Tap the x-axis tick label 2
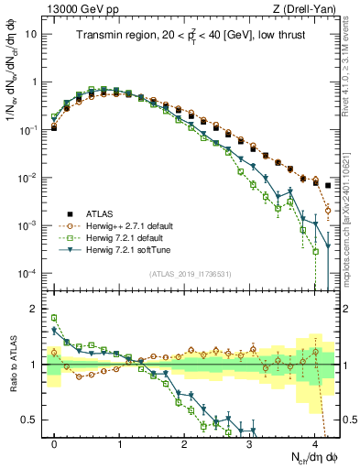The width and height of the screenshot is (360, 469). point(185,442)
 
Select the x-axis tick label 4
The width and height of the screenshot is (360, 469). point(315,442)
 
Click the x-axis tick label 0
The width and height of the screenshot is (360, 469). point(54,442)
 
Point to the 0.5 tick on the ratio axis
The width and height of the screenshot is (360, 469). point(32,420)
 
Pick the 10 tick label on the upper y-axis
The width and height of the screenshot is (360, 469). point(32,33)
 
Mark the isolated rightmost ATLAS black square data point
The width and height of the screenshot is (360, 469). point(329,185)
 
